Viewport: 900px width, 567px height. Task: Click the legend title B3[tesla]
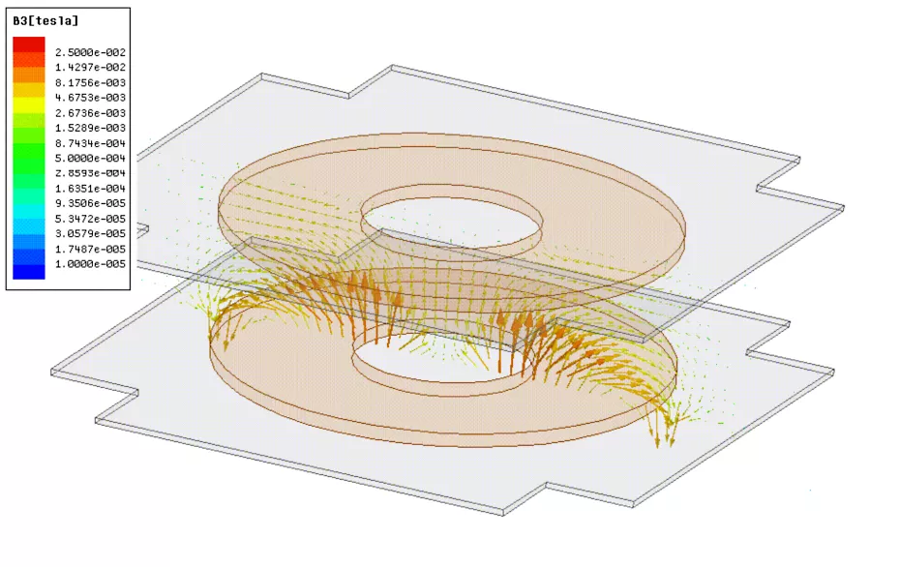(x=45, y=21)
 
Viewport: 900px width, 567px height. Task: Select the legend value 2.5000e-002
(x=90, y=52)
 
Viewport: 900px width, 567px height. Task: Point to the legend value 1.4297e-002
(x=90, y=67)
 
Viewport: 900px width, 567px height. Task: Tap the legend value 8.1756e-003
(x=90, y=82)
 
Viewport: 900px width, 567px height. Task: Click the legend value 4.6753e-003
(x=90, y=98)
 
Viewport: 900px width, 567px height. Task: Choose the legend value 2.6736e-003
(x=90, y=113)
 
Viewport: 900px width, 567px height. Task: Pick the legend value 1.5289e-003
(x=90, y=128)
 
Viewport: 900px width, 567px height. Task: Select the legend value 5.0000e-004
(x=90, y=159)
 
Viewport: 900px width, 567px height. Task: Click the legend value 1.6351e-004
(x=90, y=189)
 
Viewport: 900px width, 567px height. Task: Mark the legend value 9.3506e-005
(x=90, y=203)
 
